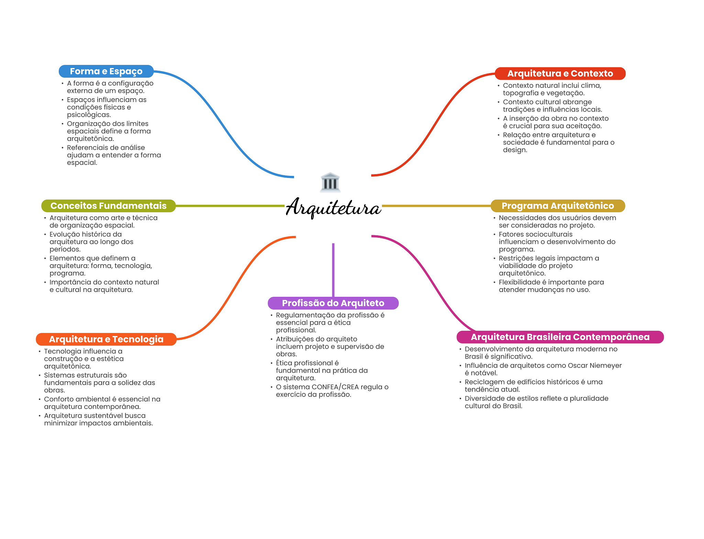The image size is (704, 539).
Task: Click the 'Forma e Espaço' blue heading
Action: [x=106, y=71]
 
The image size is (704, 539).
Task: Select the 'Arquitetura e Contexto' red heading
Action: [x=560, y=74]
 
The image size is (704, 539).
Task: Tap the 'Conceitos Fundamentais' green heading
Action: [x=108, y=206]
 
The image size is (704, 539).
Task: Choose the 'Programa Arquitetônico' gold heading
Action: [x=558, y=206]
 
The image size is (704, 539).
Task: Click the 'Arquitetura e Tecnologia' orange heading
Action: [x=106, y=339]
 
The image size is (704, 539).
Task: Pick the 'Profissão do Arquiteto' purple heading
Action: [x=333, y=303]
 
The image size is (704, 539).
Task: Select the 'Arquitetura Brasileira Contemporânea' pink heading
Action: [x=560, y=337]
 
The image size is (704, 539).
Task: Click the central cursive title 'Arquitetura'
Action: [x=333, y=207]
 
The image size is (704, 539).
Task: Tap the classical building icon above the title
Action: [x=330, y=182]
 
